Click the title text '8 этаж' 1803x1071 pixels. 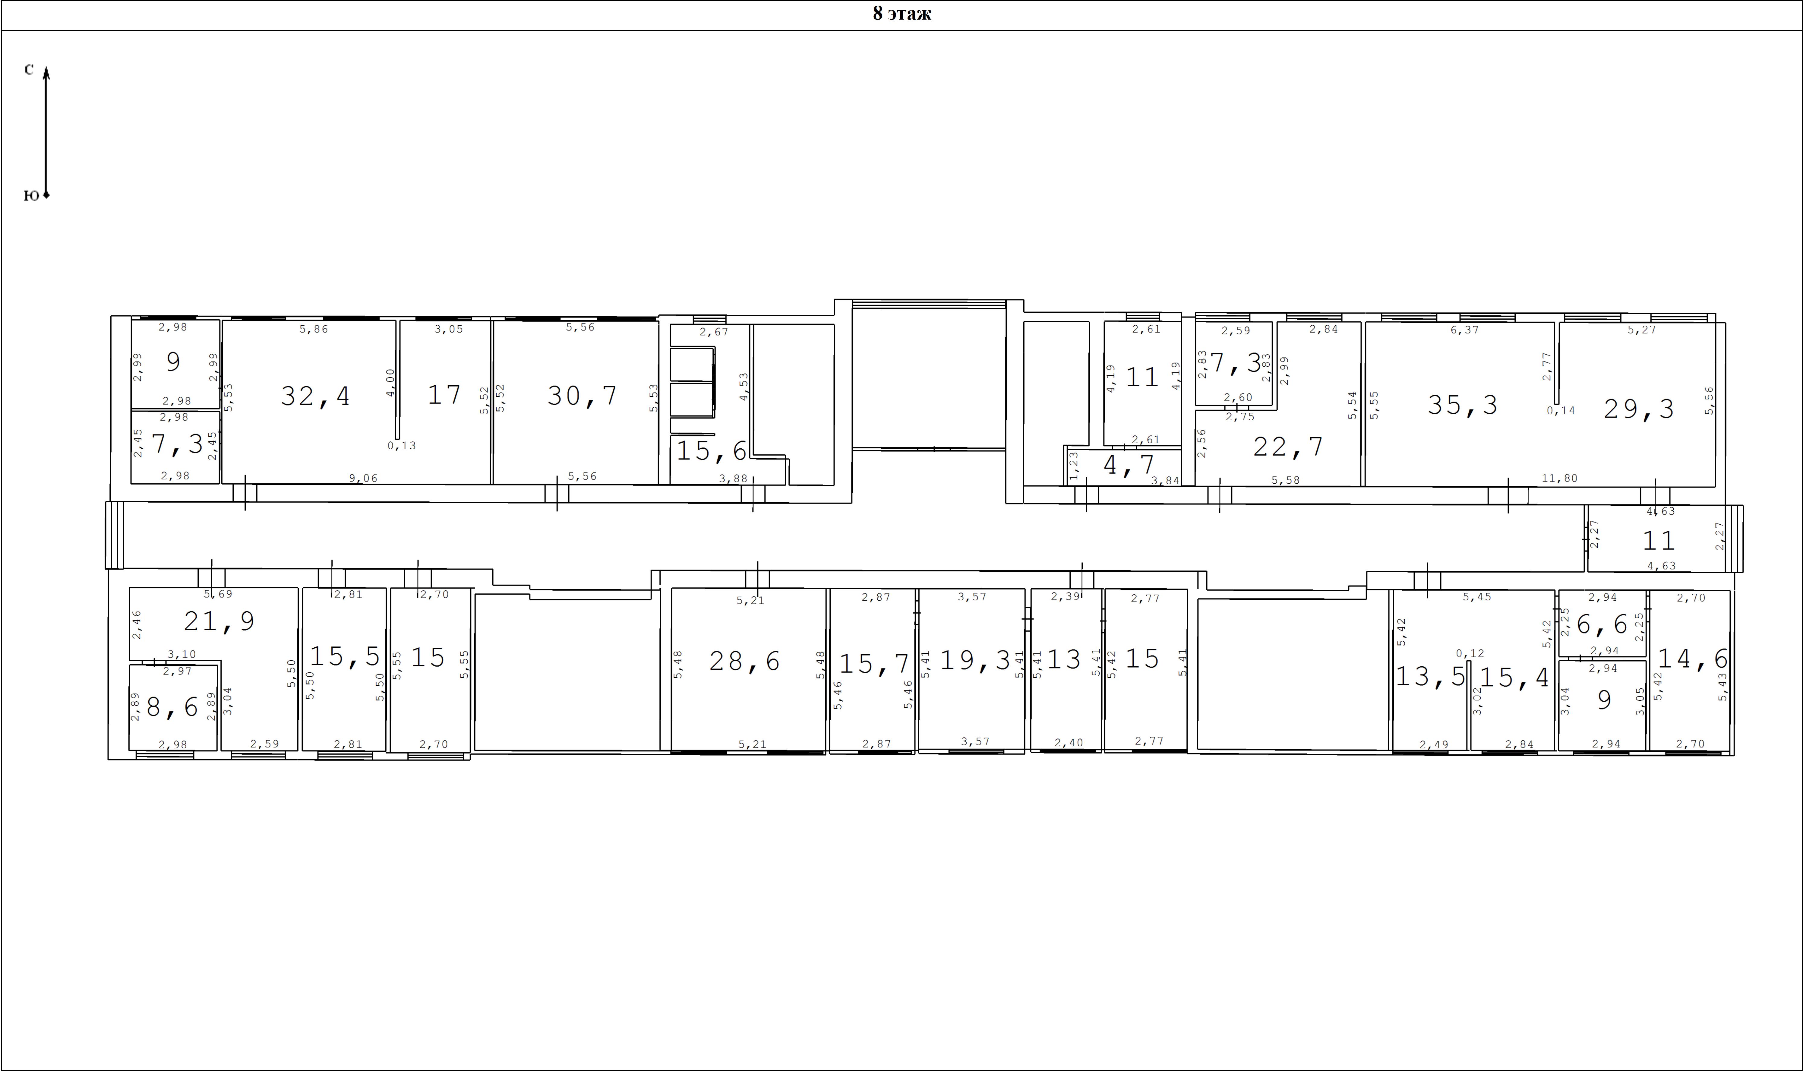(x=902, y=14)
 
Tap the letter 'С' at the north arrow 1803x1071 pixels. (x=29, y=69)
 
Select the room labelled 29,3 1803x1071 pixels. (x=1638, y=409)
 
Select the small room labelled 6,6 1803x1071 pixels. (x=1602, y=624)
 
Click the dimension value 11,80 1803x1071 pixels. (x=1559, y=478)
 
